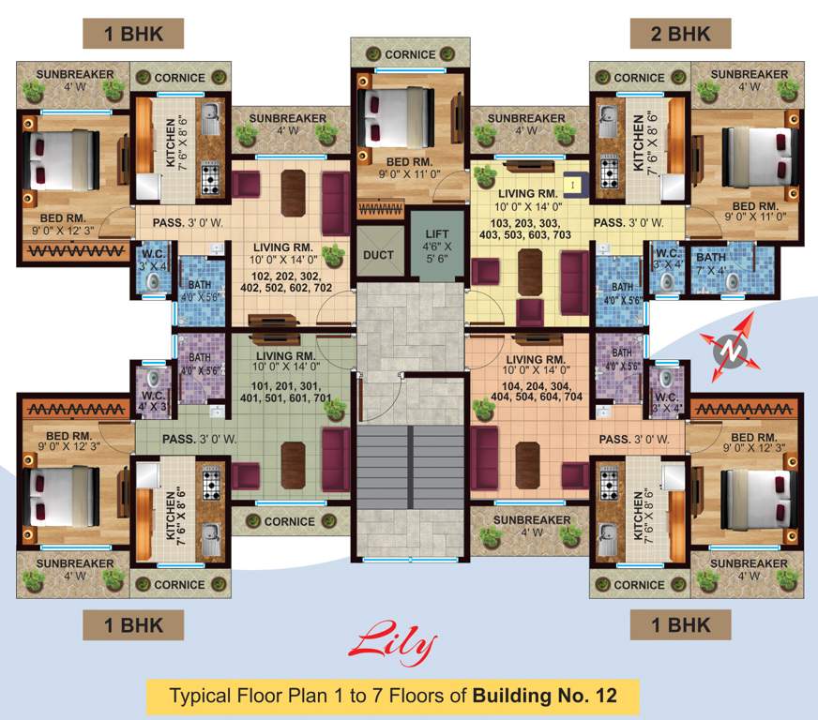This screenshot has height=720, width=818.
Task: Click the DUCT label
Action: tap(378, 254)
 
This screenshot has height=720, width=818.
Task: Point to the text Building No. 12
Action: tap(545, 697)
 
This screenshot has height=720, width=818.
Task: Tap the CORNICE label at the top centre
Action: tap(410, 54)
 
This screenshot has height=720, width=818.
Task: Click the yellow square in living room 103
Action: tap(568, 186)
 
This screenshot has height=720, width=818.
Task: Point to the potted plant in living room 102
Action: tap(332, 253)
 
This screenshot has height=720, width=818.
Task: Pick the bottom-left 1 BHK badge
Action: tap(131, 624)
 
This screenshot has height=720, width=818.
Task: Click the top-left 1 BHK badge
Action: tap(132, 34)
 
